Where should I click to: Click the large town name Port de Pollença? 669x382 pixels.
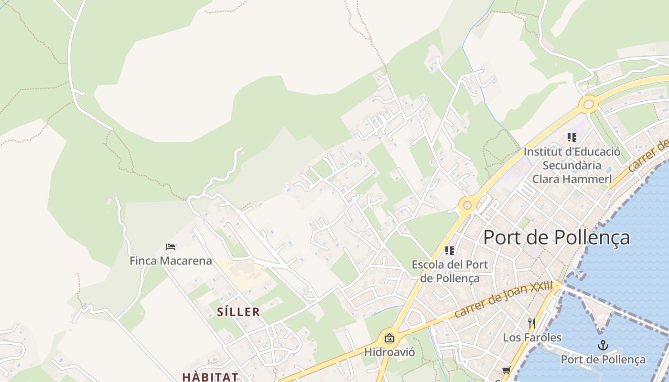tap(557, 237)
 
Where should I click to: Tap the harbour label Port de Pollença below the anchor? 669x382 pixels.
tap(603, 360)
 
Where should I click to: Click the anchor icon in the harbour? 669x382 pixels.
tap(603, 345)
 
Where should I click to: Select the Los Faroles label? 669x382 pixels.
tap(532, 338)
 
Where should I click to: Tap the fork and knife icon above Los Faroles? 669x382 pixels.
tap(531, 323)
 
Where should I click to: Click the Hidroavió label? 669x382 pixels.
tap(389, 352)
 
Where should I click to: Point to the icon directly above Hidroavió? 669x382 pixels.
tap(389, 339)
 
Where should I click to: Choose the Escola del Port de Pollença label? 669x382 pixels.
tap(450, 271)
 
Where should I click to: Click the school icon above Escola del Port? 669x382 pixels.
tap(450, 250)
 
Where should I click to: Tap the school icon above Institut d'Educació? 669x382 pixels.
tap(572, 138)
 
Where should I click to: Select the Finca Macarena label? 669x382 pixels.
tap(171, 261)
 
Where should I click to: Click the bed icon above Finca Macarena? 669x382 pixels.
tap(171, 247)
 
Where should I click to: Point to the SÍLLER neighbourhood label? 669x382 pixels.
tap(238, 312)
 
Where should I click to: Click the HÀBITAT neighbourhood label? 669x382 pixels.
tap(210, 377)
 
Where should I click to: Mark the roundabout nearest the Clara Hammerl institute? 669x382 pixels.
tap(588, 103)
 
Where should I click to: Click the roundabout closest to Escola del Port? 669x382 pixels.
tap(467, 205)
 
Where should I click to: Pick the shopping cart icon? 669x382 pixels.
tap(506, 371)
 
